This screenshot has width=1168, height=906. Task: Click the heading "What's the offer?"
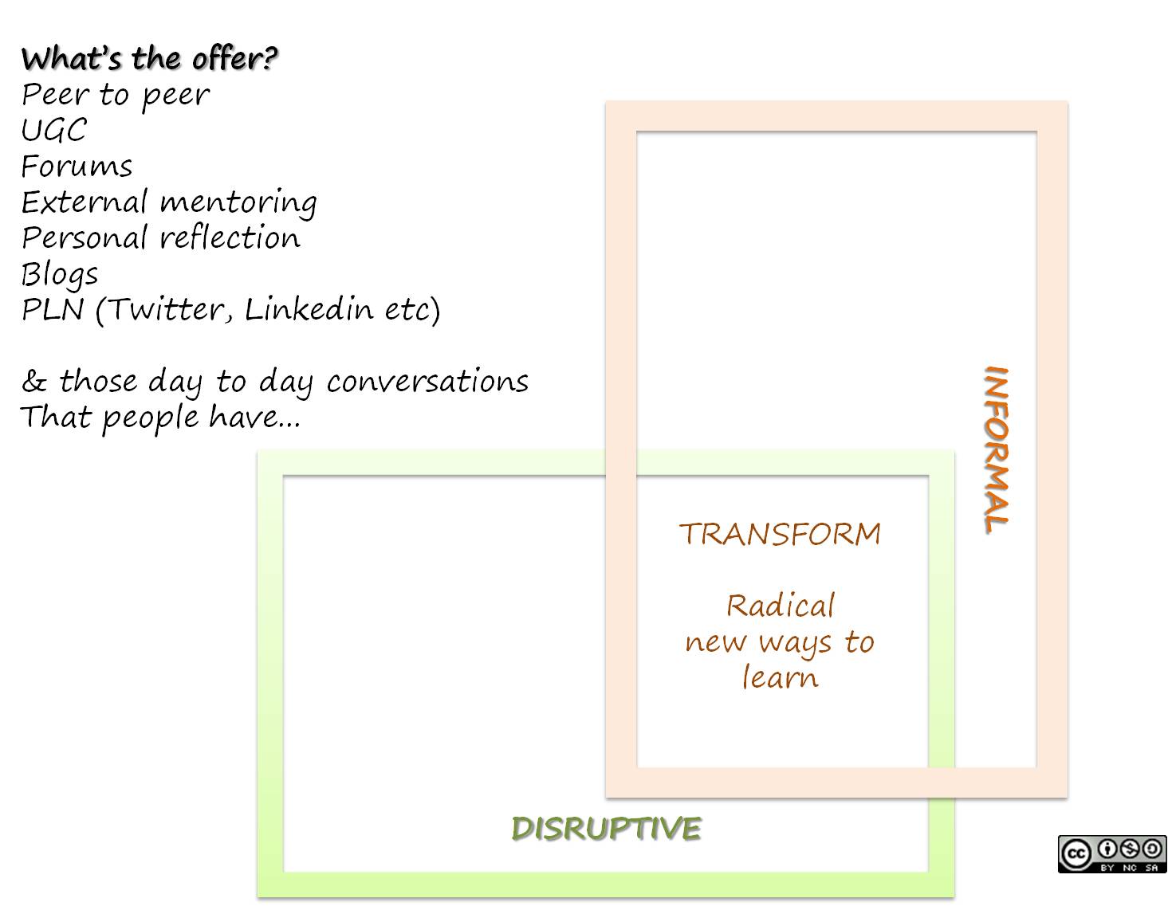150,59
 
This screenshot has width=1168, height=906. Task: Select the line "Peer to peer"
116,95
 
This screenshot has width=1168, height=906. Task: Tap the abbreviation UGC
54,131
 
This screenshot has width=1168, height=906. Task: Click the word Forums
77,167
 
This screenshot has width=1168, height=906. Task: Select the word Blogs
60,275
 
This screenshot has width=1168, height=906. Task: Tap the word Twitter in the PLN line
168,310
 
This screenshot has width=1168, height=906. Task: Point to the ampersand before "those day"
33,382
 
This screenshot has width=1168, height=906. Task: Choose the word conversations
427,382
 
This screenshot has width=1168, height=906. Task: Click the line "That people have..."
160,418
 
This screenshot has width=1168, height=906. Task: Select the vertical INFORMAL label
996,449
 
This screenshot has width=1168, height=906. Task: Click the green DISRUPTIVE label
606,829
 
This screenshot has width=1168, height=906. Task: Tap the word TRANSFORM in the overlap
780,534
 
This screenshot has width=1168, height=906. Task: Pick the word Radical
780,606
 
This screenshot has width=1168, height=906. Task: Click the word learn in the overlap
780,678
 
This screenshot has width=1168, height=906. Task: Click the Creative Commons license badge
1112,853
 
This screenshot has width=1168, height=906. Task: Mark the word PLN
53,310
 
